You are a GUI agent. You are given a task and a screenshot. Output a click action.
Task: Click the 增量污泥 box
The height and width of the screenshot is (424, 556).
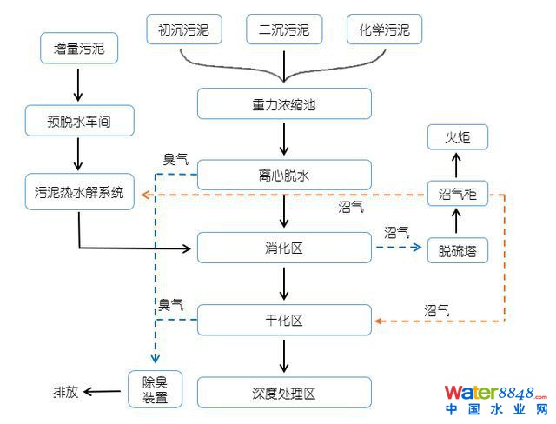point(79,49)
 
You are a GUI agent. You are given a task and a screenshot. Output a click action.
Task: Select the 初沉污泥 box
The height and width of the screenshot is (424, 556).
point(183,30)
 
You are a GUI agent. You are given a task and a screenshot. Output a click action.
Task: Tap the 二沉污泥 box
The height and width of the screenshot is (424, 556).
point(284,30)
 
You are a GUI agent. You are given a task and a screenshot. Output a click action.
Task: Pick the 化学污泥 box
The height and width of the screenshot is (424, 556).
point(384,30)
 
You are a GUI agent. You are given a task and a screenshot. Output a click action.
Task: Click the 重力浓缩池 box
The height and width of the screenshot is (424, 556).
point(284,103)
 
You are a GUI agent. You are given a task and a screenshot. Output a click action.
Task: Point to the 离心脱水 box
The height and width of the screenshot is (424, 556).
point(284,176)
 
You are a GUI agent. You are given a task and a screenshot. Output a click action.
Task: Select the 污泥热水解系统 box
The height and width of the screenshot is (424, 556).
point(80,191)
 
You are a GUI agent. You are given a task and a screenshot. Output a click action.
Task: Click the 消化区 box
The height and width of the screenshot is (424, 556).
point(284,248)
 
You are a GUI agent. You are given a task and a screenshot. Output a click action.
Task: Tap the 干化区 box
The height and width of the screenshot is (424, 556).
point(284,319)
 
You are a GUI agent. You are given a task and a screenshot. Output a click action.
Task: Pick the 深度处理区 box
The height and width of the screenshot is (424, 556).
point(284,393)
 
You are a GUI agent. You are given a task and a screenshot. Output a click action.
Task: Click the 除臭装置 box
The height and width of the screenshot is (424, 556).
point(154,389)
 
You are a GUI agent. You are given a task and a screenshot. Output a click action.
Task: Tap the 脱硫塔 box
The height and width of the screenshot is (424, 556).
point(457,251)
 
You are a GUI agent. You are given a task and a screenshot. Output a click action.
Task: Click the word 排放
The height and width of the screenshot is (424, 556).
point(65,392)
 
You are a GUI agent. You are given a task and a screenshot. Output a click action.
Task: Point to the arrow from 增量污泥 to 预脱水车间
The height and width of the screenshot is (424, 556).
point(79,84)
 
